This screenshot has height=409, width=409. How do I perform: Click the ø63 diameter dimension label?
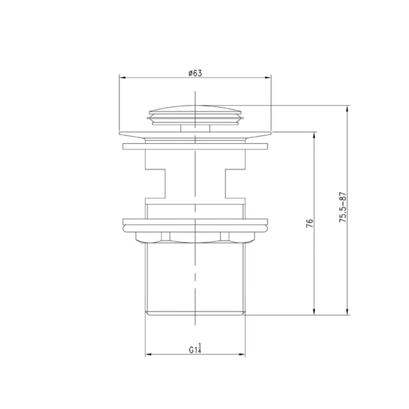(x=195, y=73)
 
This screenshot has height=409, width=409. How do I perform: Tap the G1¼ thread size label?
(x=195, y=350)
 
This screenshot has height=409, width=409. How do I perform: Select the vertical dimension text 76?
(x=309, y=223)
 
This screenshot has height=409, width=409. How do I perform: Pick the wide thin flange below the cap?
(x=195, y=135)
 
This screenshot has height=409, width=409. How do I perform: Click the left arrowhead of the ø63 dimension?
(x=122, y=78)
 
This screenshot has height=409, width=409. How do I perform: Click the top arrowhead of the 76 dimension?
(x=313, y=134)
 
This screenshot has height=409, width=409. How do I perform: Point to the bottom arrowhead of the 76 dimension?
(x=313, y=313)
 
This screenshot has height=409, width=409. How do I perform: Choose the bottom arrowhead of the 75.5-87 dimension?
(x=348, y=313)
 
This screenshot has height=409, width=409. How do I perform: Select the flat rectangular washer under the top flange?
(x=195, y=147)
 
